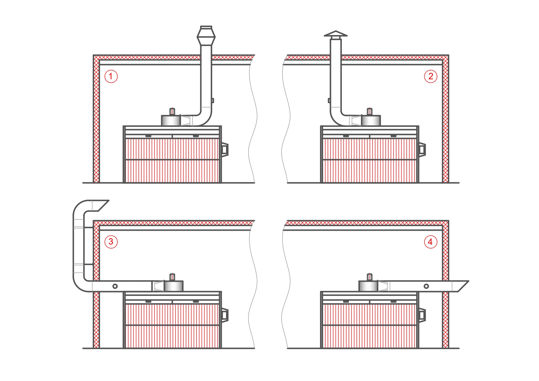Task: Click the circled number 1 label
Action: pos(111,76)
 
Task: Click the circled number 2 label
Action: pos(431,76)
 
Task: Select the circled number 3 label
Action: pos(111,242)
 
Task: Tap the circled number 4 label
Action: pos(431,242)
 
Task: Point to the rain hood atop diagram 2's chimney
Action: pos(335,34)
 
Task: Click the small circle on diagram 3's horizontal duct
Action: pos(115,286)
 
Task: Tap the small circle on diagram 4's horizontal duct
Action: pos(426,286)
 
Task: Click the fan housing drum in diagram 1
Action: pos(171,120)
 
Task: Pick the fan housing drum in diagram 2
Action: pos(371,120)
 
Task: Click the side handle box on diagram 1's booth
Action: pos(225,149)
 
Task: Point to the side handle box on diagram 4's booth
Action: pos(422,315)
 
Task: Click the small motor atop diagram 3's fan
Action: pos(173,277)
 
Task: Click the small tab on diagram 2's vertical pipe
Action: pos(329,100)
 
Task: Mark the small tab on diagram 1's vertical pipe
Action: pos(213,100)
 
